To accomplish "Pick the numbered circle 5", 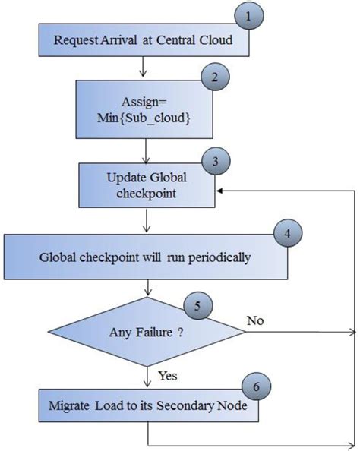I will [x=197, y=307].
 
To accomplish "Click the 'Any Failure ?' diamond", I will [x=144, y=332].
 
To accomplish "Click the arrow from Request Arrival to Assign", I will [x=144, y=68].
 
